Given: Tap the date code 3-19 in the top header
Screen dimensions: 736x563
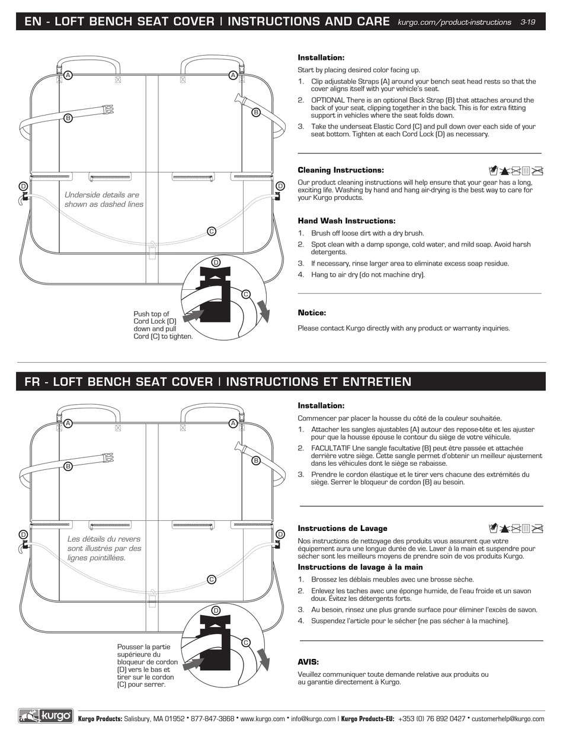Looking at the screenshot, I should click(527, 22).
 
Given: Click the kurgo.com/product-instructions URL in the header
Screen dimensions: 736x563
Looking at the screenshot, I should click(454, 22).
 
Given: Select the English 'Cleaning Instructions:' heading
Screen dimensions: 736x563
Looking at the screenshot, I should click(340, 170).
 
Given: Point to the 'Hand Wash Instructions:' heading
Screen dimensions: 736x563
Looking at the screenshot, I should click(346, 220).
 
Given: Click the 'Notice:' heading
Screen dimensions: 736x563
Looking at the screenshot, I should click(312, 313).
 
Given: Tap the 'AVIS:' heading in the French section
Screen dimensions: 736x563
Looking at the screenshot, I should click(308, 662).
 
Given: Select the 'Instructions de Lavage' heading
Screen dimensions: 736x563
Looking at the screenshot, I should click(342, 528).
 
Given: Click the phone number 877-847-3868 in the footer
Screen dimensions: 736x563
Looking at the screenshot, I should click(212, 719).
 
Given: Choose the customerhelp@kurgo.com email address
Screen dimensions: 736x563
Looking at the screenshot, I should click(508, 719).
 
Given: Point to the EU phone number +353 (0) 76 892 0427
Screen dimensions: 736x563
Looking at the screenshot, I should click(431, 719).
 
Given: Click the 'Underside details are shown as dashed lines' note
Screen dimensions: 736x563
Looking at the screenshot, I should click(104, 199).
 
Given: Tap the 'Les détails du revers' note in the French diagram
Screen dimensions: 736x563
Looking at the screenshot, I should click(104, 548).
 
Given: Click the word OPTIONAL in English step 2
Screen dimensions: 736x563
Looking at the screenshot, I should click(328, 100).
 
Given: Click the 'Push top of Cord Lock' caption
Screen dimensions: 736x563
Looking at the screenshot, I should click(162, 325).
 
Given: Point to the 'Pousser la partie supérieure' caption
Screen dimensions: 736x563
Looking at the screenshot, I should click(147, 665).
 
